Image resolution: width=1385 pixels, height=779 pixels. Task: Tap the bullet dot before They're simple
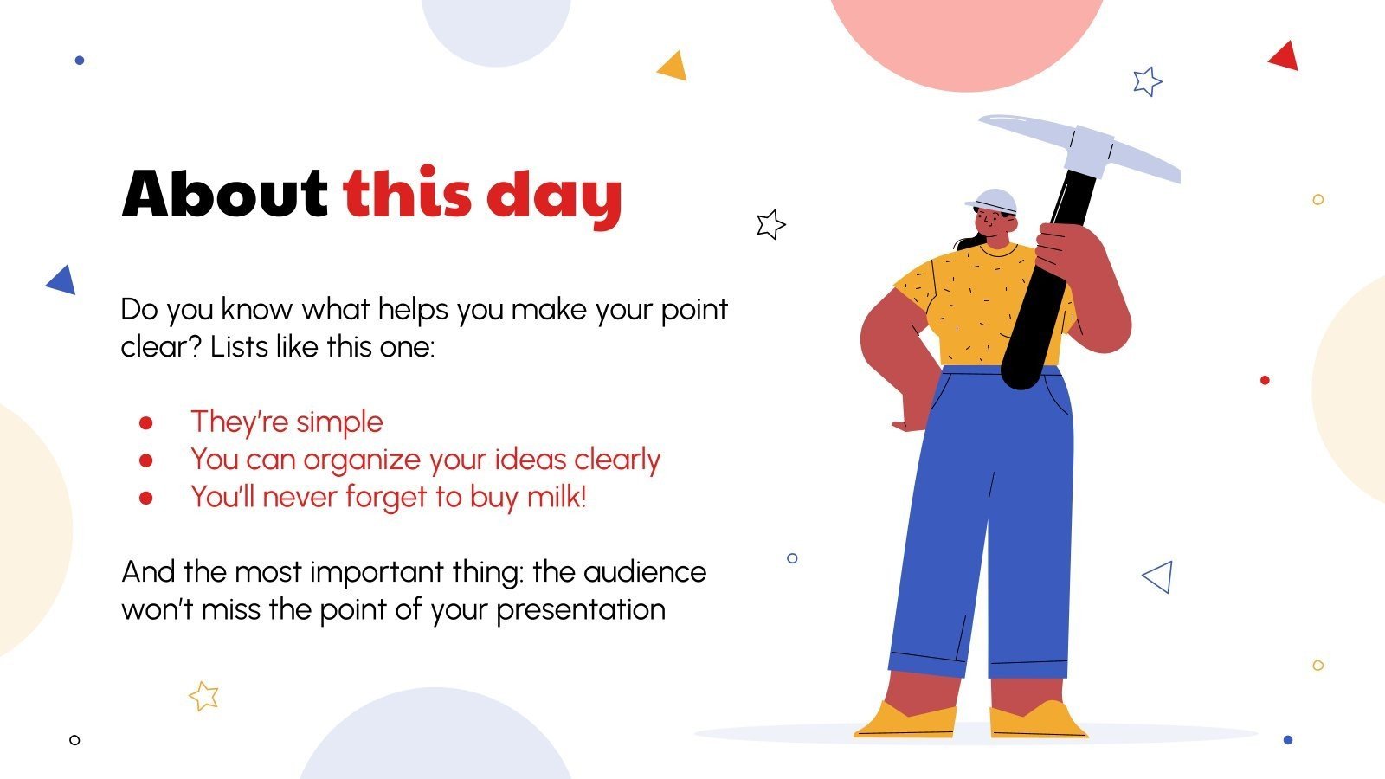click(x=145, y=422)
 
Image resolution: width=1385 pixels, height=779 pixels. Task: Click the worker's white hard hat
click(x=994, y=201)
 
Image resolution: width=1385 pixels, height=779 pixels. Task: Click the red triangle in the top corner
click(x=1285, y=56)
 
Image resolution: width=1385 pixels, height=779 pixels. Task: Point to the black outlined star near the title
click(x=770, y=224)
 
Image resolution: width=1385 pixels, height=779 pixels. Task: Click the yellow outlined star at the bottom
click(x=204, y=695)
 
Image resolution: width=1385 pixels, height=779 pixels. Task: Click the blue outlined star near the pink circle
click(x=1147, y=81)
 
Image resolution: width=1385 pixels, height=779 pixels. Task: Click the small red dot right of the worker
click(x=1265, y=380)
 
